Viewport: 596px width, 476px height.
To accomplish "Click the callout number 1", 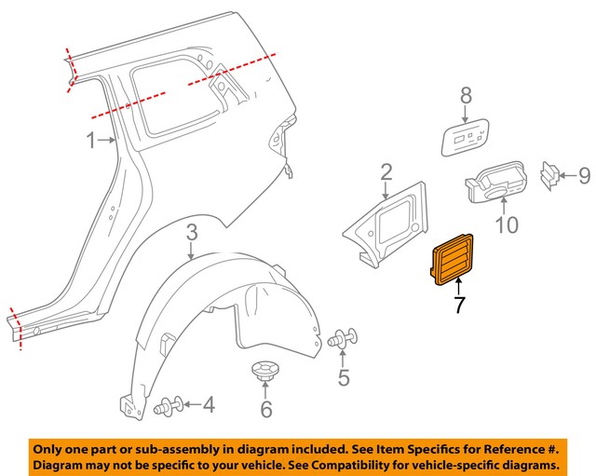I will [91, 142].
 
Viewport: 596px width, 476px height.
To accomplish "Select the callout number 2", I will [386, 172].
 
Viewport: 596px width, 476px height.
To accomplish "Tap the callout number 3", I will [190, 233].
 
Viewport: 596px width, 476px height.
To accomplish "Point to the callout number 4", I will [209, 405].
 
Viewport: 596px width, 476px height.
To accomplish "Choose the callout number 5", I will [344, 377].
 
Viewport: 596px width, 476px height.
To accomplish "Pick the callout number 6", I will [266, 409].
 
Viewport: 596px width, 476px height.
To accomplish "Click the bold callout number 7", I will [458, 306].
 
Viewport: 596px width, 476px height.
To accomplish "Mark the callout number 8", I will [466, 95].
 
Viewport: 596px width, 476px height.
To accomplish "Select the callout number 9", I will [584, 174].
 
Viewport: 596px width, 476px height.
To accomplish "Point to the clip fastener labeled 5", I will [344, 341].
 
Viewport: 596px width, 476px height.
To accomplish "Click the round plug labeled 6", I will [266, 374].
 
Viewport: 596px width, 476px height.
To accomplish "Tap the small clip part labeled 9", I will [551, 175].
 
